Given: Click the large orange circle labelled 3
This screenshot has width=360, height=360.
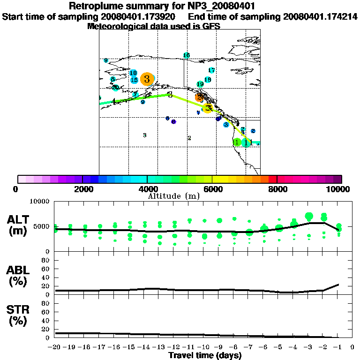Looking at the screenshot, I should point(147,79).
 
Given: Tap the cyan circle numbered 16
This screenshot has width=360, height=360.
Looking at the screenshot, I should point(187,55).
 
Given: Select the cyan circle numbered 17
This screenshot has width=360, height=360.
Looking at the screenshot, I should point(211,70).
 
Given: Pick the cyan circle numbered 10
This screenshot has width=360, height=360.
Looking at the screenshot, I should point(133,73).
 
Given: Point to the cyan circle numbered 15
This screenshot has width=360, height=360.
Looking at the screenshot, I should point(134,80).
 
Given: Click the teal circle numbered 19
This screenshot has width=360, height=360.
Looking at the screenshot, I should point(200,84).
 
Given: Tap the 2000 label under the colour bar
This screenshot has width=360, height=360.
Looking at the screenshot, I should point(82,189).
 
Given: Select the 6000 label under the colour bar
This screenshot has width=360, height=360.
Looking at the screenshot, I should point(212,189).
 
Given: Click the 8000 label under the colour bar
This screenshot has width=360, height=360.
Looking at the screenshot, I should point(277,189).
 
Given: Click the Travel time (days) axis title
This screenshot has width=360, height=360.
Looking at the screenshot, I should point(205,355).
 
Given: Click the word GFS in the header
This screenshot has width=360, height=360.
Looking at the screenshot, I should point(210,26).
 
